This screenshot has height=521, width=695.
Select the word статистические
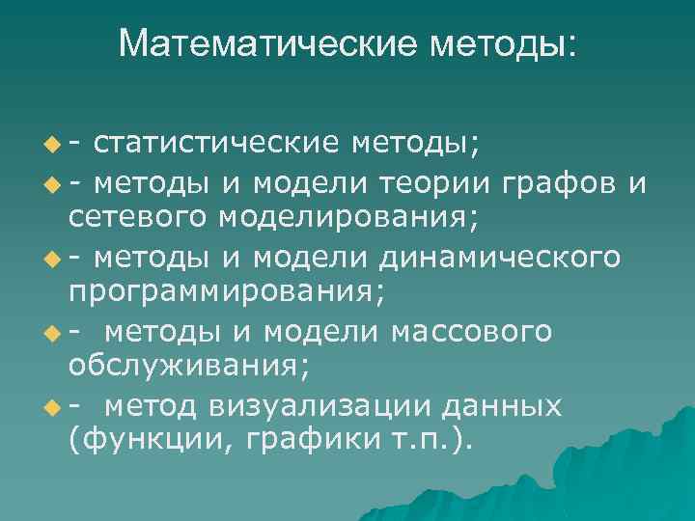[x=218, y=144]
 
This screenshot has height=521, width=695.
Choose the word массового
[x=471, y=331]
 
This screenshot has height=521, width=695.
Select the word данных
[x=501, y=405]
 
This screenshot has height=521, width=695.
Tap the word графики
[x=293, y=440]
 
